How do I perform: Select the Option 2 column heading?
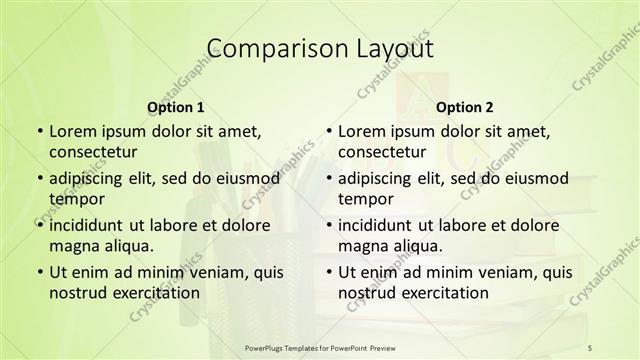click(x=465, y=107)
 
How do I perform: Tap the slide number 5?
click(x=591, y=346)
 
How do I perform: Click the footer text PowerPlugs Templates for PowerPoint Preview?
click(x=319, y=346)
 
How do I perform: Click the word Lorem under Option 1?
click(x=72, y=132)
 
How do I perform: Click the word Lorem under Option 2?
click(x=361, y=132)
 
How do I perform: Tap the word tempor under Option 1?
click(x=77, y=199)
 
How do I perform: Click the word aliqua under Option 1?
click(x=128, y=246)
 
